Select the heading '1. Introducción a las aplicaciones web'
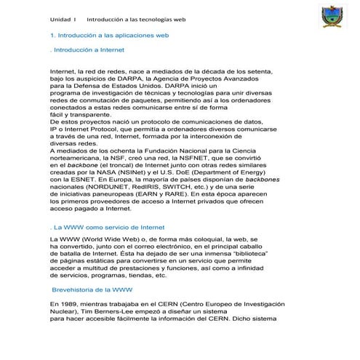[x=109, y=35]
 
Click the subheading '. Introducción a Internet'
[x=87, y=50]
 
